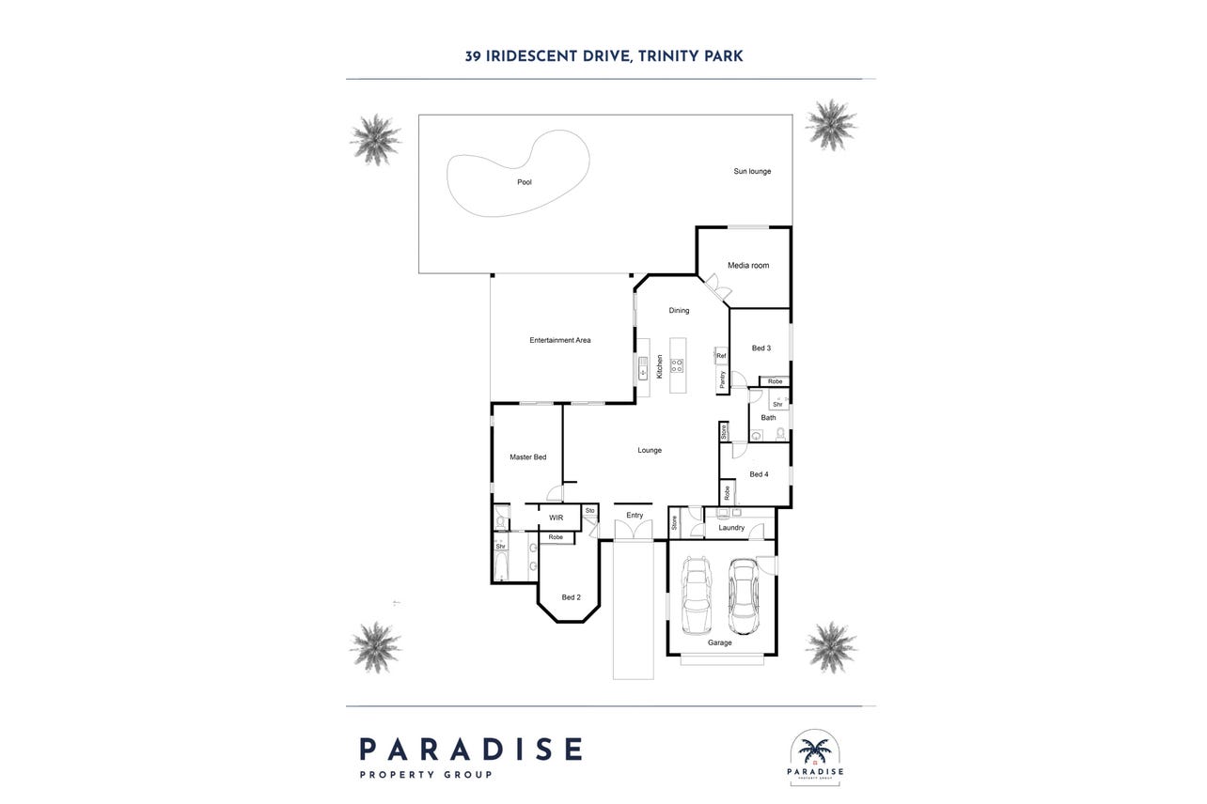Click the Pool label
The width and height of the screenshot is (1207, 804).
525,182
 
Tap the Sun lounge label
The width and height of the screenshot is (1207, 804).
752,171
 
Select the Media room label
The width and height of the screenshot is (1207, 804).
748,266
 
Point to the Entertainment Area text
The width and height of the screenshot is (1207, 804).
560,340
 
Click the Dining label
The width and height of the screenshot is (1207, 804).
679,310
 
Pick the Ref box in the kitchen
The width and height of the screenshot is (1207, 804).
722,355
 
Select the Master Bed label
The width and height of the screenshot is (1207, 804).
528,457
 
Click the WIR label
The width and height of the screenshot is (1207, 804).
556,518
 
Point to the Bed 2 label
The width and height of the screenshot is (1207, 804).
572,597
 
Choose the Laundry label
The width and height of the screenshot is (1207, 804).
731,528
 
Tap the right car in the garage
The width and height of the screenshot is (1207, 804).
744,596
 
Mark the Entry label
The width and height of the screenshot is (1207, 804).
635,516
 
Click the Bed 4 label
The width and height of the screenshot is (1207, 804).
759,474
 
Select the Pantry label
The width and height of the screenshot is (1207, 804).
723,379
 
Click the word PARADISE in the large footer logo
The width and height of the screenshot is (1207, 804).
471,750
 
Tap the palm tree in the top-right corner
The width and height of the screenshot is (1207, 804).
831,125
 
